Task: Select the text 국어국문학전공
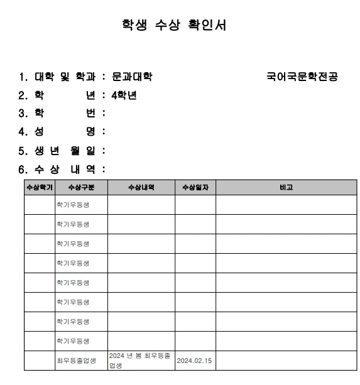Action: pos(302,77)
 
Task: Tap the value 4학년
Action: pos(124,95)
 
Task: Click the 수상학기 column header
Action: pos(39,187)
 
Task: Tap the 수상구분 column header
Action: pos(80,187)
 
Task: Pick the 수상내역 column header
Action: pos(141,187)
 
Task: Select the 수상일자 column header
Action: pos(195,187)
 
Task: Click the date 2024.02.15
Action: pos(194,361)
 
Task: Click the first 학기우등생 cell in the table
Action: pos(73,205)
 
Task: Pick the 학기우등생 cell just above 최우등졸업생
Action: pos(73,341)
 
